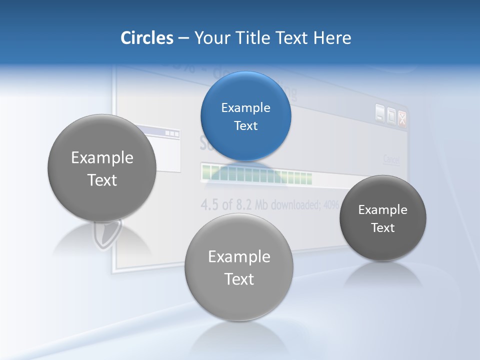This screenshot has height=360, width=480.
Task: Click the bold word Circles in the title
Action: [x=146, y=38]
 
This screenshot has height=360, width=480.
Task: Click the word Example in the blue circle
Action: [x=245, y=107]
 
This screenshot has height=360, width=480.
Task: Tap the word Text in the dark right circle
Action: [x=383, y=227]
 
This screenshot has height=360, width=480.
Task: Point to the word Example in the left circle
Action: [x=102, y=157]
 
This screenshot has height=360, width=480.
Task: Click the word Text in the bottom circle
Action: [x=239, y=278]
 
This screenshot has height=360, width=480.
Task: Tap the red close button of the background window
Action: [x=402, y=118]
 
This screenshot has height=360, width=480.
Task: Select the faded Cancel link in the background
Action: [x=391, y=159]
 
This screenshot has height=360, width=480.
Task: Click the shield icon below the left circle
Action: [x=106, y=234]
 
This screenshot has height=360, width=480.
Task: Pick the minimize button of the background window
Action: [x=380, y=114]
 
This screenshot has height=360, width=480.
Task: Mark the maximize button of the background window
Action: [x=391, y=116]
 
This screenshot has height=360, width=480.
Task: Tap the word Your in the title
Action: [x=208, y=38]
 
